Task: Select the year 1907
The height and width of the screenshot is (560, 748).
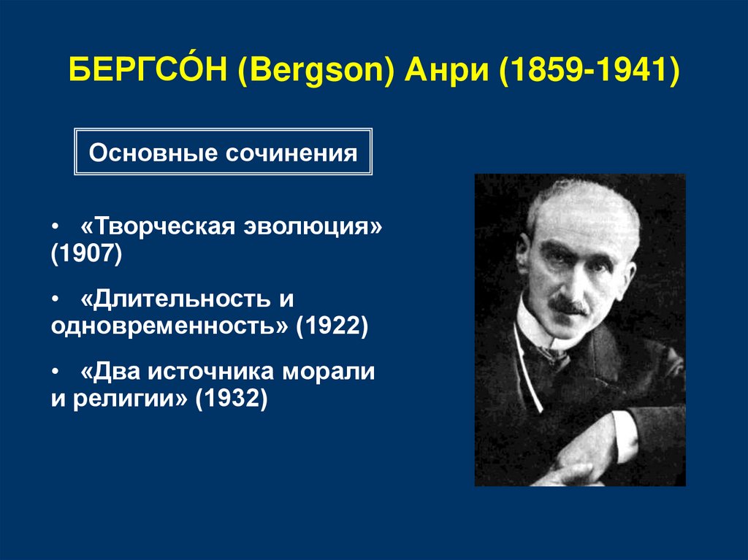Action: pyautogui.click(x=85, y=254)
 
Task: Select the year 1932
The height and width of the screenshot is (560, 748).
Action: pyautogui.click(x=232, y=399)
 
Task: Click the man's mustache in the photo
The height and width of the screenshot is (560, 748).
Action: pyautogui.click(x=569, y=307)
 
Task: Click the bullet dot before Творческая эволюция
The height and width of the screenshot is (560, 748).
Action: pyautogui.click(x=56, y=227)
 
